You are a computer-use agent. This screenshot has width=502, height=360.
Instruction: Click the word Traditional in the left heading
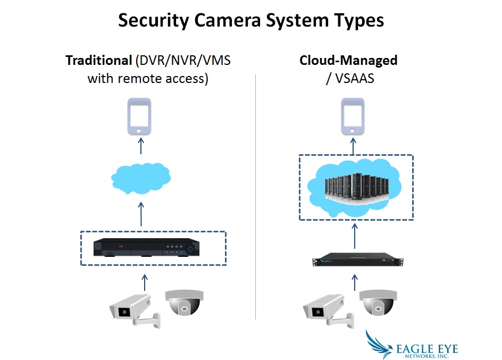click(x=98, y=60)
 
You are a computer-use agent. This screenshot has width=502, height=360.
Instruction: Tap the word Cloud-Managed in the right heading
click(x=348, y=60)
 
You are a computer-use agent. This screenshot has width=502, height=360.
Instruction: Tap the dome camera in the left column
click(x=183, y=304)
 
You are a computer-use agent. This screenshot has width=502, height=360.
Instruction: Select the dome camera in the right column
click(x=377, y=304)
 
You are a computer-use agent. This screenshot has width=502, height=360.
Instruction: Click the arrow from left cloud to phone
click(x=141, y=145)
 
